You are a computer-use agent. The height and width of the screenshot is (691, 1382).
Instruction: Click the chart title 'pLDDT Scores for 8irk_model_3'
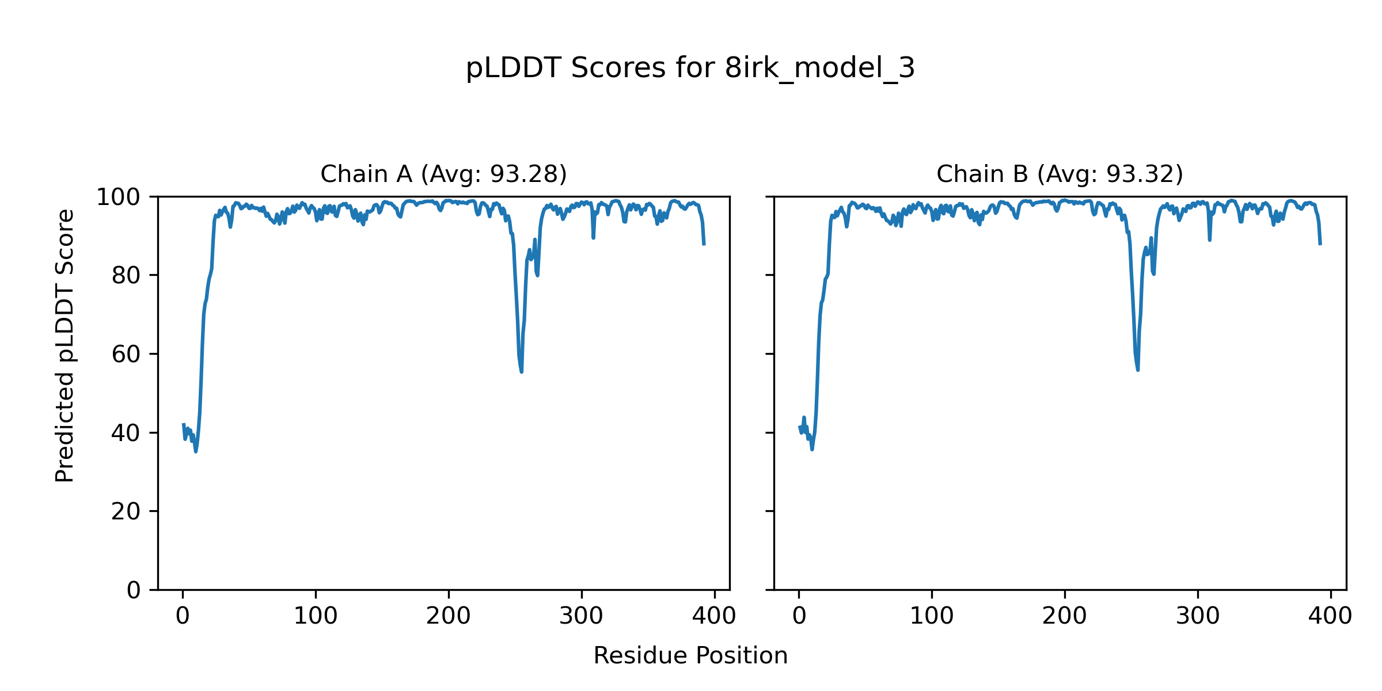tap(690, 69)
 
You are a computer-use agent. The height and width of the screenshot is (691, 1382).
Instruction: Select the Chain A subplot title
tap(443, 174)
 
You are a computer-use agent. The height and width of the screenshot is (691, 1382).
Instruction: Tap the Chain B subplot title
tap(1060, 174)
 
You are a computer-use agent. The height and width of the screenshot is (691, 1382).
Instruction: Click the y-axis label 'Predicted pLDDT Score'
tap(65, 345)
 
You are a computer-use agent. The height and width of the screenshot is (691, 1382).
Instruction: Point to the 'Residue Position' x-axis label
tap(690, 656)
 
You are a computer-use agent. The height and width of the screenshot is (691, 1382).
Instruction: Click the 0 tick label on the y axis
tap(133, 590)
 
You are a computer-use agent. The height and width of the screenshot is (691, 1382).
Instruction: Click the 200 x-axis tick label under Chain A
tap(448, 617)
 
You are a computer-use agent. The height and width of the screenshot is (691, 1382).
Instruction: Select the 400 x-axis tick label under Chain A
tap(714, 617)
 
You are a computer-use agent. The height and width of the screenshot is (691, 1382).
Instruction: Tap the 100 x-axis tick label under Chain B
tap(931, 617)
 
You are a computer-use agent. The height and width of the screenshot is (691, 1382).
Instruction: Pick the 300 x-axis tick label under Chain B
tap(1197, 617)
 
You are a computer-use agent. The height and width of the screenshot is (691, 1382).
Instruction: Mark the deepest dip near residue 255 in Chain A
tap(521, 371)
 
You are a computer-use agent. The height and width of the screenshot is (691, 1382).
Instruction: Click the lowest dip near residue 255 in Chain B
tap(1137, 370)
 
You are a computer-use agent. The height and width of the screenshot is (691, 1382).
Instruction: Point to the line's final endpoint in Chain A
tap(704, 245)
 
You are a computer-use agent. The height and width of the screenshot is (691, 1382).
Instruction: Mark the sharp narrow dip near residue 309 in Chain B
tap(1209, 240)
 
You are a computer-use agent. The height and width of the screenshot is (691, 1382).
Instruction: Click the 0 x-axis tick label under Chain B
tap(799, 617)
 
